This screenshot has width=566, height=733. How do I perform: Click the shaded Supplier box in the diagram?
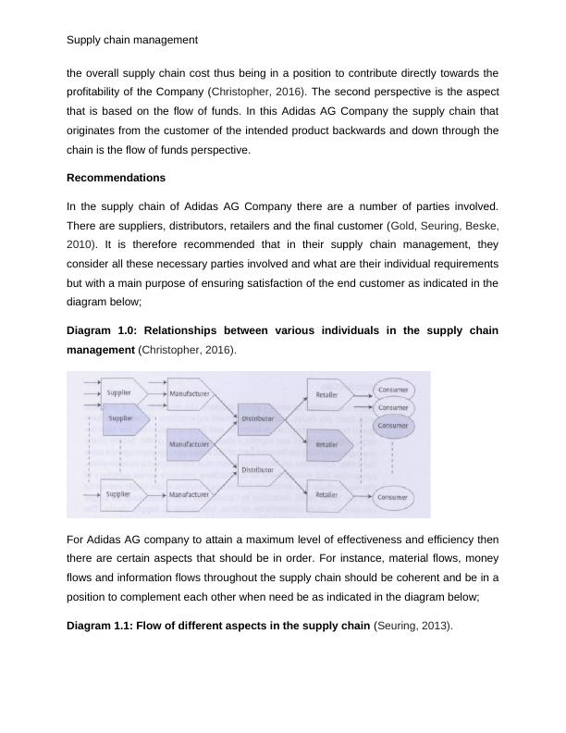pos(121,418)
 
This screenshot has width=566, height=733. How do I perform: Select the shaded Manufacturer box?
pos(189,444)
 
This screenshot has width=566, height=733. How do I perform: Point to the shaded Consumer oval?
pos(392,426)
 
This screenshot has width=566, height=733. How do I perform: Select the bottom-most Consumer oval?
pos(392,497)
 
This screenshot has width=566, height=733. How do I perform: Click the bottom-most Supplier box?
pos(119,495)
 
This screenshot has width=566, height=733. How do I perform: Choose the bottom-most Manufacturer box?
pos(189,495)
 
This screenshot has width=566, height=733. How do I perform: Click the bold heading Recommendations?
pos(116,177)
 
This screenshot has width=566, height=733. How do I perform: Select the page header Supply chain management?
pos(132,40)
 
